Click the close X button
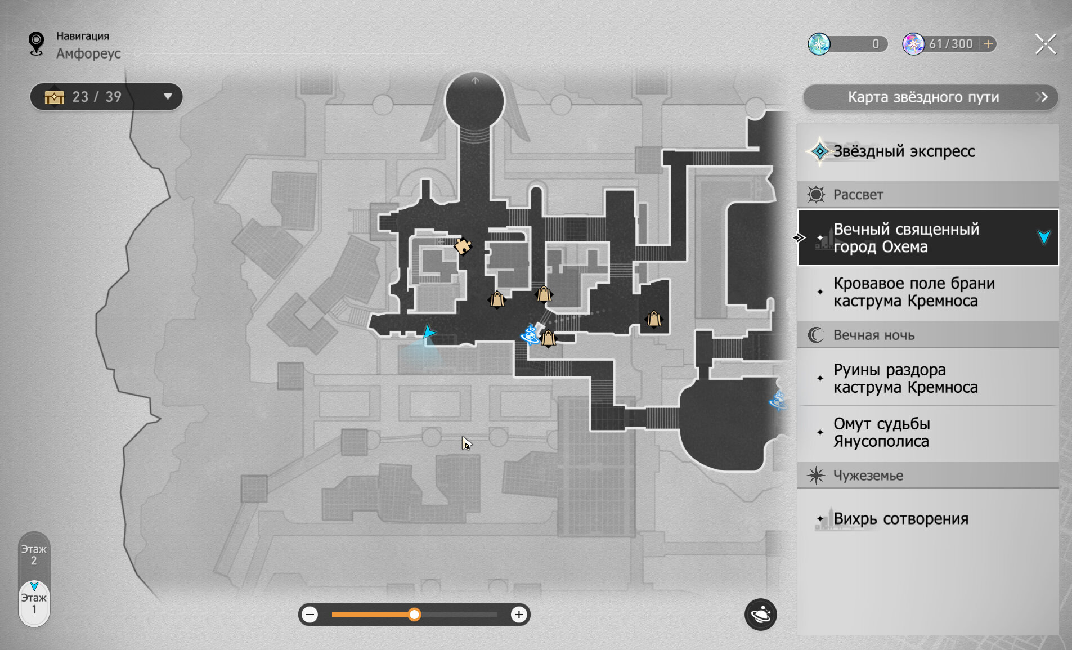click(1046, 44)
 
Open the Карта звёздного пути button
click(930, 97)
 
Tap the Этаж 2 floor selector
click(34, 555)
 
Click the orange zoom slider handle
click(414, 615)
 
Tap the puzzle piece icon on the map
click(463, 246)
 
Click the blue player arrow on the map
click(429, 332)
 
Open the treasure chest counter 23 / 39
click(106, 97)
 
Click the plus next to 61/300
click(988, 44)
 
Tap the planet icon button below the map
click(760, 614)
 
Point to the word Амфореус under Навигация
click(88, 53)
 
